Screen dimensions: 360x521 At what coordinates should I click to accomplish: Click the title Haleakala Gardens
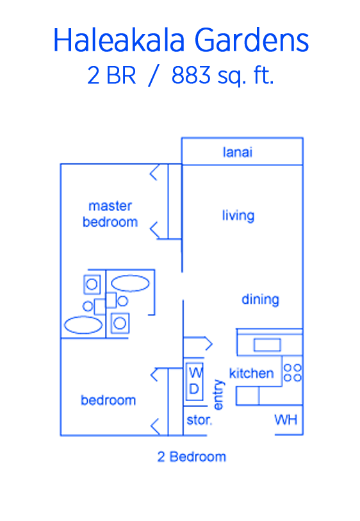point(181,40)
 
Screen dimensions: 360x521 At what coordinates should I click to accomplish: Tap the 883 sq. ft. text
point(222,76)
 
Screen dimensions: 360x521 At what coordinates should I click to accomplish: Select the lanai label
point(238,152)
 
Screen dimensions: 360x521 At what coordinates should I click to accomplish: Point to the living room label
point(238,215)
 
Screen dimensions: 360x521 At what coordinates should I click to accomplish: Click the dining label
point(260,299)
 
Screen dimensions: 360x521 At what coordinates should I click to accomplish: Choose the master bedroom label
point(110,214)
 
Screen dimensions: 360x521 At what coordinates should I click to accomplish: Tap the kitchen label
point(251,373)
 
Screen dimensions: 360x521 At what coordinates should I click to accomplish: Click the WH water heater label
point(286,420)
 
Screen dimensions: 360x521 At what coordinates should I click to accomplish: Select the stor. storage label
point(199,420)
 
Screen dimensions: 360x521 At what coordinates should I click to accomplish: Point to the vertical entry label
point(218,395)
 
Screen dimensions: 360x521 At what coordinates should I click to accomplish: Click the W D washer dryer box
point(195,381)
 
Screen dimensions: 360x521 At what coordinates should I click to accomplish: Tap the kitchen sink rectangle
point(267,345)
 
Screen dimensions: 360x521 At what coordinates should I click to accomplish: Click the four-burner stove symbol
point(293,372)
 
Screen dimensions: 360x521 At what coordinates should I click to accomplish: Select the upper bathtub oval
point(130,283)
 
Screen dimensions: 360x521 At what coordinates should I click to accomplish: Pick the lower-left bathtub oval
point(83,325)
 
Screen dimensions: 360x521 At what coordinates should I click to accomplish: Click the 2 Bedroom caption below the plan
point(192,457)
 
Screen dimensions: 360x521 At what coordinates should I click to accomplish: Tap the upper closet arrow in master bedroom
point(154,172)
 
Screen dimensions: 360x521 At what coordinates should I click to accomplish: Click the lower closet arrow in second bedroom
point(155,426)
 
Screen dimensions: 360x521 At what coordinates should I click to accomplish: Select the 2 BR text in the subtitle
point(111,76)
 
